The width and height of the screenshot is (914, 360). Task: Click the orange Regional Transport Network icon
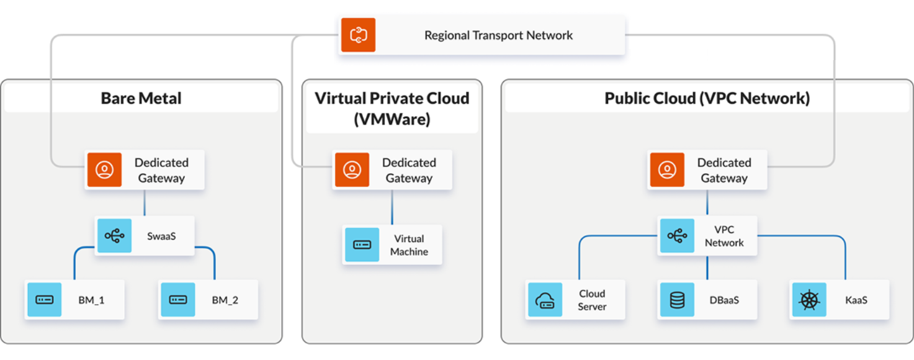pos(358,35)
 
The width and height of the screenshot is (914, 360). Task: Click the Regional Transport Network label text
pos(498,35)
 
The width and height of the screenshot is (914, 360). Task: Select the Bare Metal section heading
pos(141,98)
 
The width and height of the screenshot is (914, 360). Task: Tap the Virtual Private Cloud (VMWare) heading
pos(392,108)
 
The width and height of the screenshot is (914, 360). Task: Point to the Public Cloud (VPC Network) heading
pos(707,98)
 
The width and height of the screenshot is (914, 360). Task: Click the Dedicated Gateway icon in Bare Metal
pos(104,169)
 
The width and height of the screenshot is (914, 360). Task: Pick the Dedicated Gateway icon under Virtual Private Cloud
pos(352,169)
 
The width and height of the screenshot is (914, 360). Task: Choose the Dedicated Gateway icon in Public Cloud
pos(667,169)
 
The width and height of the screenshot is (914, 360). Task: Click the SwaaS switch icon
pos(114,236)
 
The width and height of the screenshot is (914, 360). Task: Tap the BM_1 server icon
pos(44,300)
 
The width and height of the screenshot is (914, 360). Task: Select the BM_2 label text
pos(225,300)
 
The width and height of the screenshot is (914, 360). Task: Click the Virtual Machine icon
pos(362,245)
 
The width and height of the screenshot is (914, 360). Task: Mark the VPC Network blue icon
pos(677,236)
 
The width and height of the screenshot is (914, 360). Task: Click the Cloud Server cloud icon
pos(544,300)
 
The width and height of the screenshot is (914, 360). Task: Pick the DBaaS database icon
pos(677,300)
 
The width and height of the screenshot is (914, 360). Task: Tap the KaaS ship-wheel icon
pos(809,300)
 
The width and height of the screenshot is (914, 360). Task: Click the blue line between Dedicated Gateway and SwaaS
pos(145,203)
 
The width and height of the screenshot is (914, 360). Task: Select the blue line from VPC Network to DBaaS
pos(707,268)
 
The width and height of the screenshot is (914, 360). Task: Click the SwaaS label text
pos(161,236)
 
